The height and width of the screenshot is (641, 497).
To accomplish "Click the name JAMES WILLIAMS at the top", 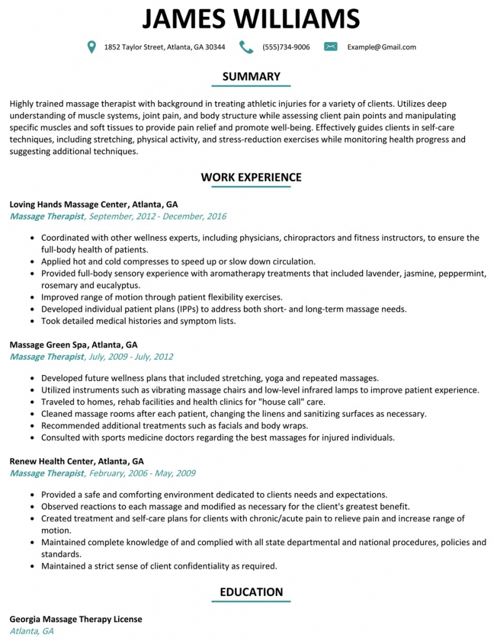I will (251, 18).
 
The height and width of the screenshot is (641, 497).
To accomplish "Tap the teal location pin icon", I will (92, 47).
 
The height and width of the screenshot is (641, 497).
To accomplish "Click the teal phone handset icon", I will (246, 47).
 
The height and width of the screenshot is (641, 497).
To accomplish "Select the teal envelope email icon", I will (331, 47).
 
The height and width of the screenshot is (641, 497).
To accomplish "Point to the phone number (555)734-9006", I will (286, 47).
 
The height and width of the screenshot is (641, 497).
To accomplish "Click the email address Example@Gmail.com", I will (381, 47).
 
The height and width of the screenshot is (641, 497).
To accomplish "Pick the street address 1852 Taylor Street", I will (134, 47).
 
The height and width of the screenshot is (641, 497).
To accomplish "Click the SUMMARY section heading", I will (251, 76).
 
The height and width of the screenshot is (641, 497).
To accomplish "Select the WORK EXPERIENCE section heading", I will (251, 177).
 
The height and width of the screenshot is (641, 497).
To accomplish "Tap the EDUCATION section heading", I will (251, 592).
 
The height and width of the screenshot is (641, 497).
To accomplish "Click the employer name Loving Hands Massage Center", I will (69, 204).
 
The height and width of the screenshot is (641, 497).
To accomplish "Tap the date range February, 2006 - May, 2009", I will (143, 473).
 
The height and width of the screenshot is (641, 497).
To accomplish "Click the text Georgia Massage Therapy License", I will (76, 619).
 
